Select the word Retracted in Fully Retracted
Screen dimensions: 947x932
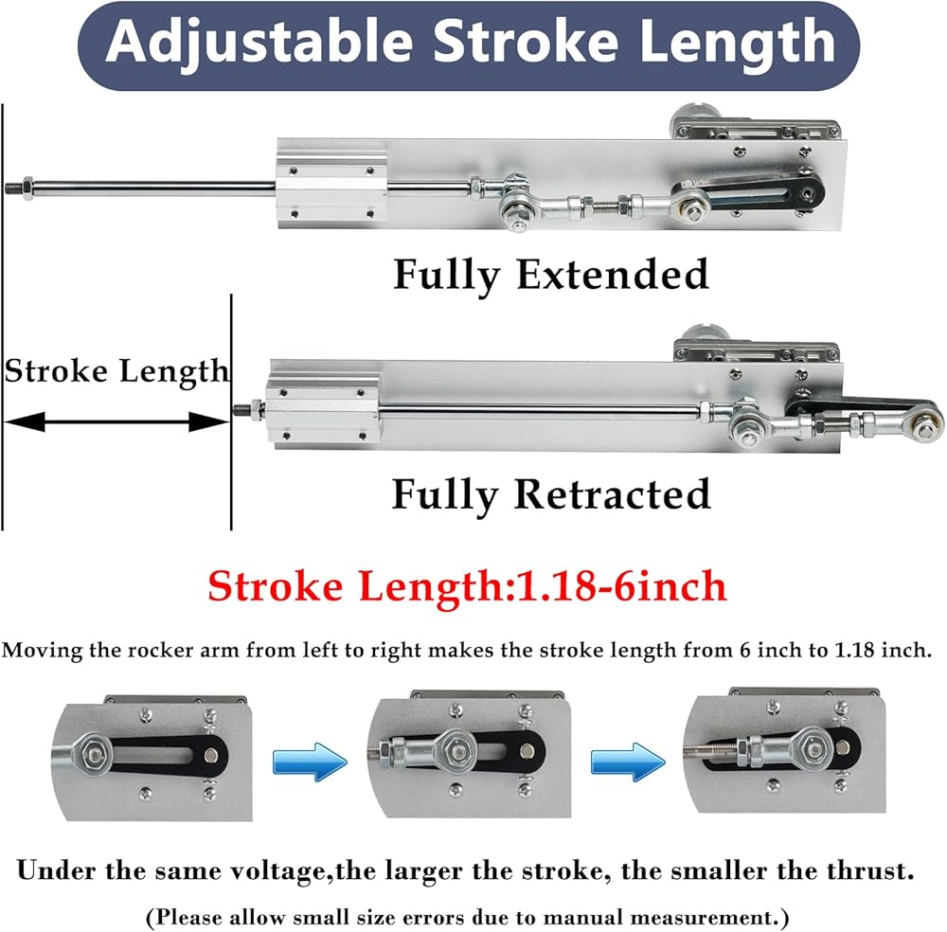[614, 494]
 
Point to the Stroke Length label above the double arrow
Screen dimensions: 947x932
[116, 370]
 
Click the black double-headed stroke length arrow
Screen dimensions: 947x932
[116, 421]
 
